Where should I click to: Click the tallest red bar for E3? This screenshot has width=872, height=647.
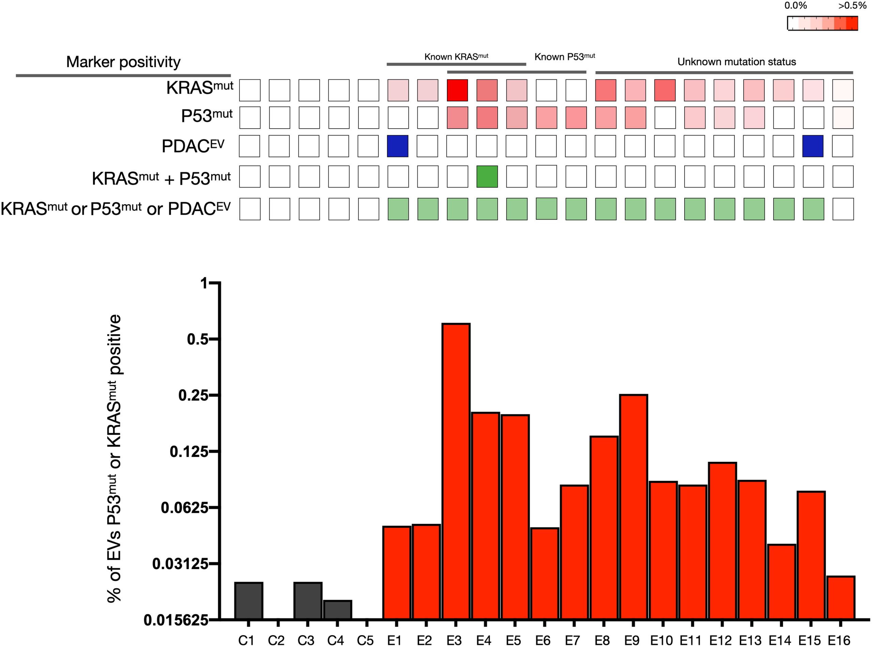456,470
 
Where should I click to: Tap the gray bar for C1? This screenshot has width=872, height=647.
249,600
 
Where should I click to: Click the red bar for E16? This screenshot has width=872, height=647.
840,597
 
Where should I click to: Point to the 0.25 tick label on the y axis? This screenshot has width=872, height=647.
193,395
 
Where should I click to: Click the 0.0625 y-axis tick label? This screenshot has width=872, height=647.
185,508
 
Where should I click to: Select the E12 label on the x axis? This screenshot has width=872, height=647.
721,640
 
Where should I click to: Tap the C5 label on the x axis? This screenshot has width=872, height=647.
365,640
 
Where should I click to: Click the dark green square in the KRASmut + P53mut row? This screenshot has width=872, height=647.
487,177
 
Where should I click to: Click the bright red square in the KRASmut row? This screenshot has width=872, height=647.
457,91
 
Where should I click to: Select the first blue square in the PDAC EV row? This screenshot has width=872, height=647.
398,146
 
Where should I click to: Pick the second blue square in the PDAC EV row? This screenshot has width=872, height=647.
813,146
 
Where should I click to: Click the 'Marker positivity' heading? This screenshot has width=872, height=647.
123,62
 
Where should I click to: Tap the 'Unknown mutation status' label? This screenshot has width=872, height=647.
736,62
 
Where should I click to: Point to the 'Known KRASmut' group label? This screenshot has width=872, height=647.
456,57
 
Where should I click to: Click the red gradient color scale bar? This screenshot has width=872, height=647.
823,23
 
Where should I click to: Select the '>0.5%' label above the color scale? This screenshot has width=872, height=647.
852,6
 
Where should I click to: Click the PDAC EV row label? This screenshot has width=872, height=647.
193,146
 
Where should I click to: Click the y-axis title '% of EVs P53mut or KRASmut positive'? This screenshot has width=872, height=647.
114,458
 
